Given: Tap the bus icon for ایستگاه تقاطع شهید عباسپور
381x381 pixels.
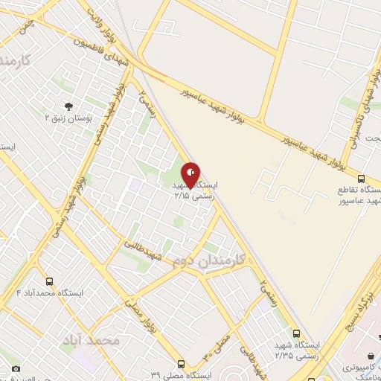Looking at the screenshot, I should pyautogui.click(x=361, y=179).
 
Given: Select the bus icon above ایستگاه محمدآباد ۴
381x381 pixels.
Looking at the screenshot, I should pyautogui.click(x=50, y=282).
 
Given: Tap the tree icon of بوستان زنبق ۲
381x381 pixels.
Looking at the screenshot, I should pyautogui.click(x=69, y=106).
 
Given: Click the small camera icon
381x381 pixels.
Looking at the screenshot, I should pyautogui.click(x=16, y=368).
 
